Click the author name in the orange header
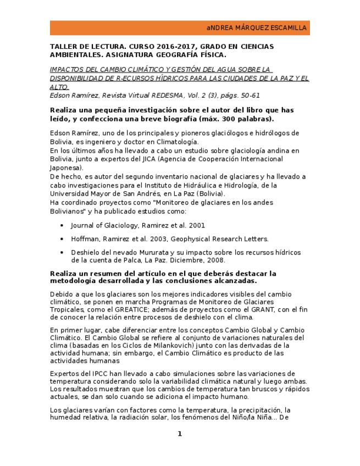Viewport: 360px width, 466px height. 257,28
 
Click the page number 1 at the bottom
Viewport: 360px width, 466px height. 179,434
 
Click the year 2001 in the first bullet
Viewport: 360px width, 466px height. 196,225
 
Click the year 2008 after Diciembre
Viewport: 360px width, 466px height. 214,260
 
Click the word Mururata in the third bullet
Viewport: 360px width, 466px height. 147,252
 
